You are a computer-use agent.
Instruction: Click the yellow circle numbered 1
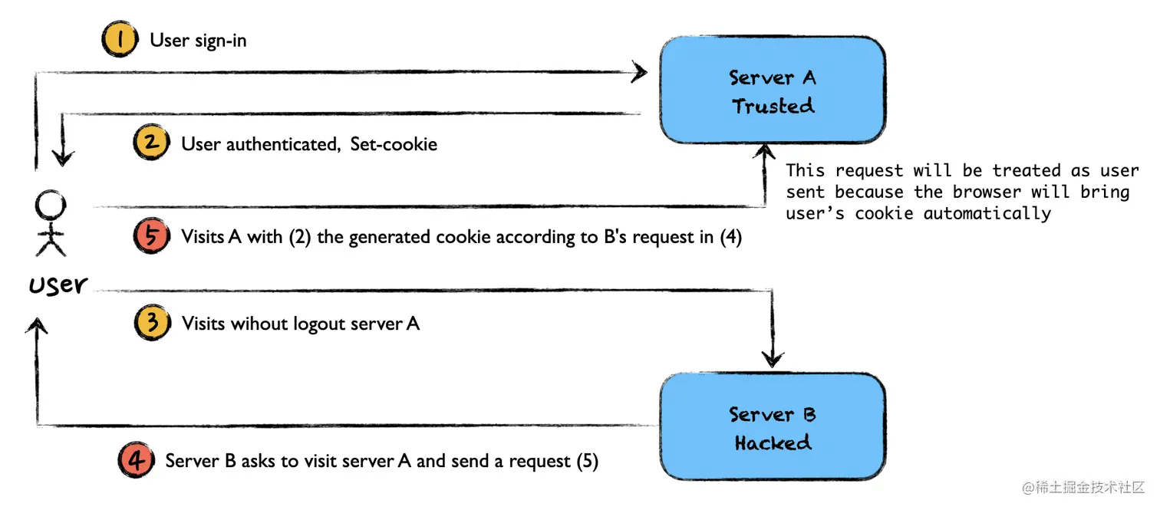coord(119,40)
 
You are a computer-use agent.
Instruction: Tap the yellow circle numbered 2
coord(150,143)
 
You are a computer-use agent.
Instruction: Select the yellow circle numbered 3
coord(151,323)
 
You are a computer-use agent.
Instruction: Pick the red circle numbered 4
coord(135,461)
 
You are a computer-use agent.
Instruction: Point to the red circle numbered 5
coord(151,235)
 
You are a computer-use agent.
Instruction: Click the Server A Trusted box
coord(772,90)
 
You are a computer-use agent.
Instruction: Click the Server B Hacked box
coord(772,427)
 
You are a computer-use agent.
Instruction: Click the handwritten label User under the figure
coord(58,285)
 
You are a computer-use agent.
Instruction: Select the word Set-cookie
coord(394,144)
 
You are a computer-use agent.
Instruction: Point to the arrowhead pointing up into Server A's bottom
coord(764,152)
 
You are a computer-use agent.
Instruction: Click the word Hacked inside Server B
coord(772,443)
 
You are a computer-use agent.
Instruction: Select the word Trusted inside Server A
coord(772,106)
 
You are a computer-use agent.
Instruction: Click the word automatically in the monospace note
coord(987,213)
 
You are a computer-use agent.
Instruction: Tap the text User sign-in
coord(198,41)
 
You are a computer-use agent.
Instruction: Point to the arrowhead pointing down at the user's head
coord(63,157)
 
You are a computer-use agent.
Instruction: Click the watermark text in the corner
coord(1083,488)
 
